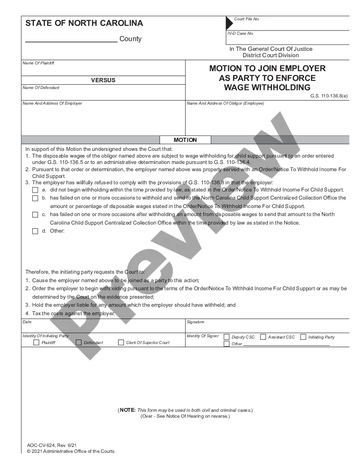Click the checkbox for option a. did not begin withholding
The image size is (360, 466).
[x=35, y=190]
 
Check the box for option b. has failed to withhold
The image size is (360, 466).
[x=35, y=198]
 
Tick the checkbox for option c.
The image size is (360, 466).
[x=35, y=214]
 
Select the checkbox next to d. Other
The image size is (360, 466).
[x=35, y=231]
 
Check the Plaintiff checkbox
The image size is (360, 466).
[x=36, y=342]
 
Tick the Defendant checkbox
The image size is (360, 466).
[x=78, y=342]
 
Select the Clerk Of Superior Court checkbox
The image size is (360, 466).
[x=121, y=342]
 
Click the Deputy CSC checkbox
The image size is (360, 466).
[x=227, y=337]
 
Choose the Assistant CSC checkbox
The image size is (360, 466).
[x=263, y=337]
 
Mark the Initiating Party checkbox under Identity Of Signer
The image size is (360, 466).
[x=303, y=337]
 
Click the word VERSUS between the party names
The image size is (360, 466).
[x=103, y=80]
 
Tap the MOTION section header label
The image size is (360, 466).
[x=185, y=140]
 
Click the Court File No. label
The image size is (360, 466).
[x=246, y=19]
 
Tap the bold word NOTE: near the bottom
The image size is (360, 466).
[x=127, y=410]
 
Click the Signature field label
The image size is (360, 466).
[x=195, y=322]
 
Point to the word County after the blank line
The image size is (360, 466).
[x=130, y=39]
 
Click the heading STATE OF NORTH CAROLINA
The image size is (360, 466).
[x=84, y=23]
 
